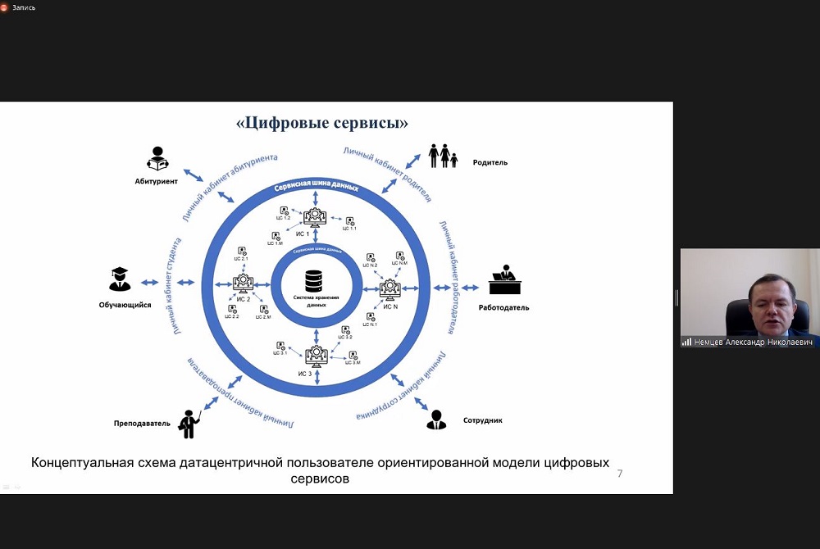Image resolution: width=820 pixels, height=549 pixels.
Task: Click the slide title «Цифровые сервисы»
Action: click(x=321, y=124)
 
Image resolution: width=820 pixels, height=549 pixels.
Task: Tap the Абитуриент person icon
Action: click(x=157, y=158)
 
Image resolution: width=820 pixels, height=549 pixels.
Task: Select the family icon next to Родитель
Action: click(x=443, y=156)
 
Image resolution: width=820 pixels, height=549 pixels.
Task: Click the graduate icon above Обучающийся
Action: click(x=120, y=279)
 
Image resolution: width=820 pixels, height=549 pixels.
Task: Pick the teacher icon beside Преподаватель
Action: click(x=190, y=423)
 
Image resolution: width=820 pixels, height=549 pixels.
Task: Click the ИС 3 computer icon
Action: click(x=316, y=356)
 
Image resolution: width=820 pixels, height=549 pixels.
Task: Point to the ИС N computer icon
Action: click(x=389, y=288)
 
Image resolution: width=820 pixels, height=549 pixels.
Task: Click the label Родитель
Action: click(x=490, y=162)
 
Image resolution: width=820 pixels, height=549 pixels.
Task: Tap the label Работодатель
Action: click(x=503, y=308)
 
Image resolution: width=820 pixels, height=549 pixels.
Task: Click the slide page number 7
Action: click(x=619, y=474)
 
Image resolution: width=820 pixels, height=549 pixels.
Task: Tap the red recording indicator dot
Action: click(x=4, y=7)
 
